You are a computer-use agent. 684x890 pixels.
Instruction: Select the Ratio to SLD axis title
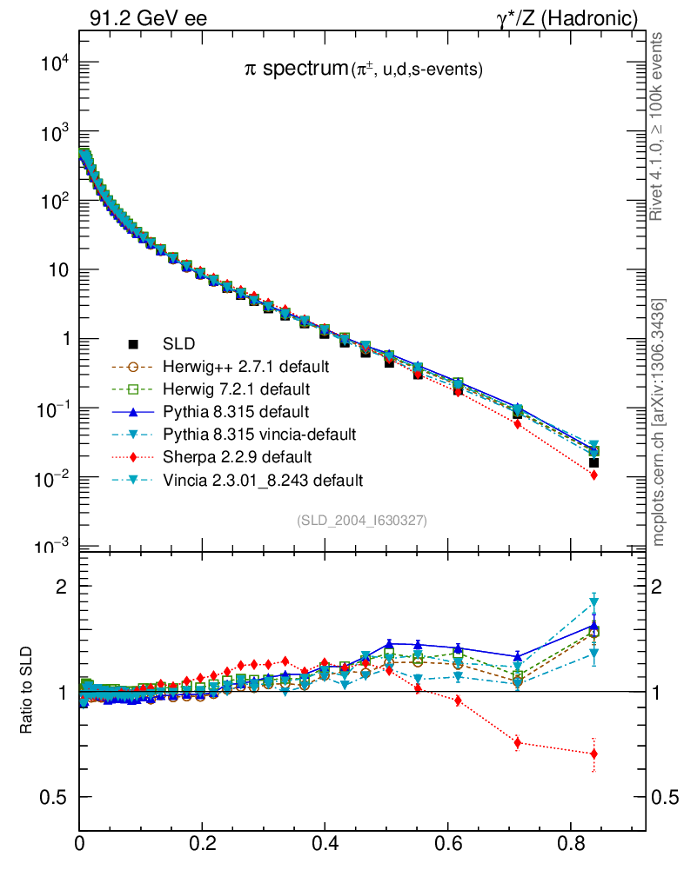pos(28,691)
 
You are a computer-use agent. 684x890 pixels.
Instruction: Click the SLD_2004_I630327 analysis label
pos(362,521)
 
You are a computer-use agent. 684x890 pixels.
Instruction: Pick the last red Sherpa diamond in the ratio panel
pos(593,754)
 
